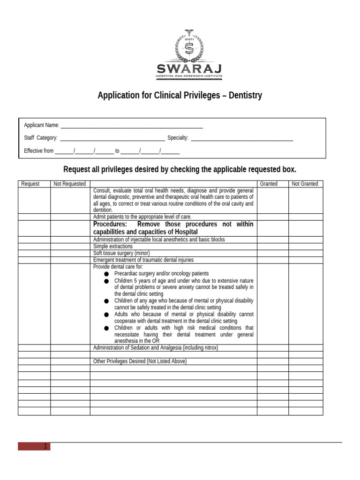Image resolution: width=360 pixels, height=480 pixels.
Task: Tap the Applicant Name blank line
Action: point(132,126)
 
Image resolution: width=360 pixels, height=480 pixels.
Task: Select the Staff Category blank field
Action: point(112,138)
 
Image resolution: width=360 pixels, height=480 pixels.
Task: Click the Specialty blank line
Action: point(242,138)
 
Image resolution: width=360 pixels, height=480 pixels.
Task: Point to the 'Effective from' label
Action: point(38,151)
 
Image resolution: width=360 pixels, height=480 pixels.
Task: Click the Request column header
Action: point(30,184)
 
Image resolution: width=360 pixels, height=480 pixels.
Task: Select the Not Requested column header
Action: point(69,184)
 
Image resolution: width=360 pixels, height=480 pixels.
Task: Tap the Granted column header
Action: point(269,184)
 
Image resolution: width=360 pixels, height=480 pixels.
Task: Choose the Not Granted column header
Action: point(305,184)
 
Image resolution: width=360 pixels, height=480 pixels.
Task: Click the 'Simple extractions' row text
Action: point(113,246)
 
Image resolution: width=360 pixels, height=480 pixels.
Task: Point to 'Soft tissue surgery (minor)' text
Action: point(121,253)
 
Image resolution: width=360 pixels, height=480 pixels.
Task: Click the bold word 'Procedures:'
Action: point(110,224)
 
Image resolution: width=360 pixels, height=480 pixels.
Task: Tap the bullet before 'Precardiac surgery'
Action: point(106,274)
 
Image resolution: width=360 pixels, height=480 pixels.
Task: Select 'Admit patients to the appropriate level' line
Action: point(142,217)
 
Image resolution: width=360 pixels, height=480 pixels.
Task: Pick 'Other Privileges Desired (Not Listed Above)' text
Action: point(140,361)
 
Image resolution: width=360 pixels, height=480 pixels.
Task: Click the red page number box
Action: point(34,446)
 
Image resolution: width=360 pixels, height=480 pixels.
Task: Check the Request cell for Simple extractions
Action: point(34,246)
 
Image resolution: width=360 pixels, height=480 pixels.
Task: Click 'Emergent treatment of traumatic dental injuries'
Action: point(143,260)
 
